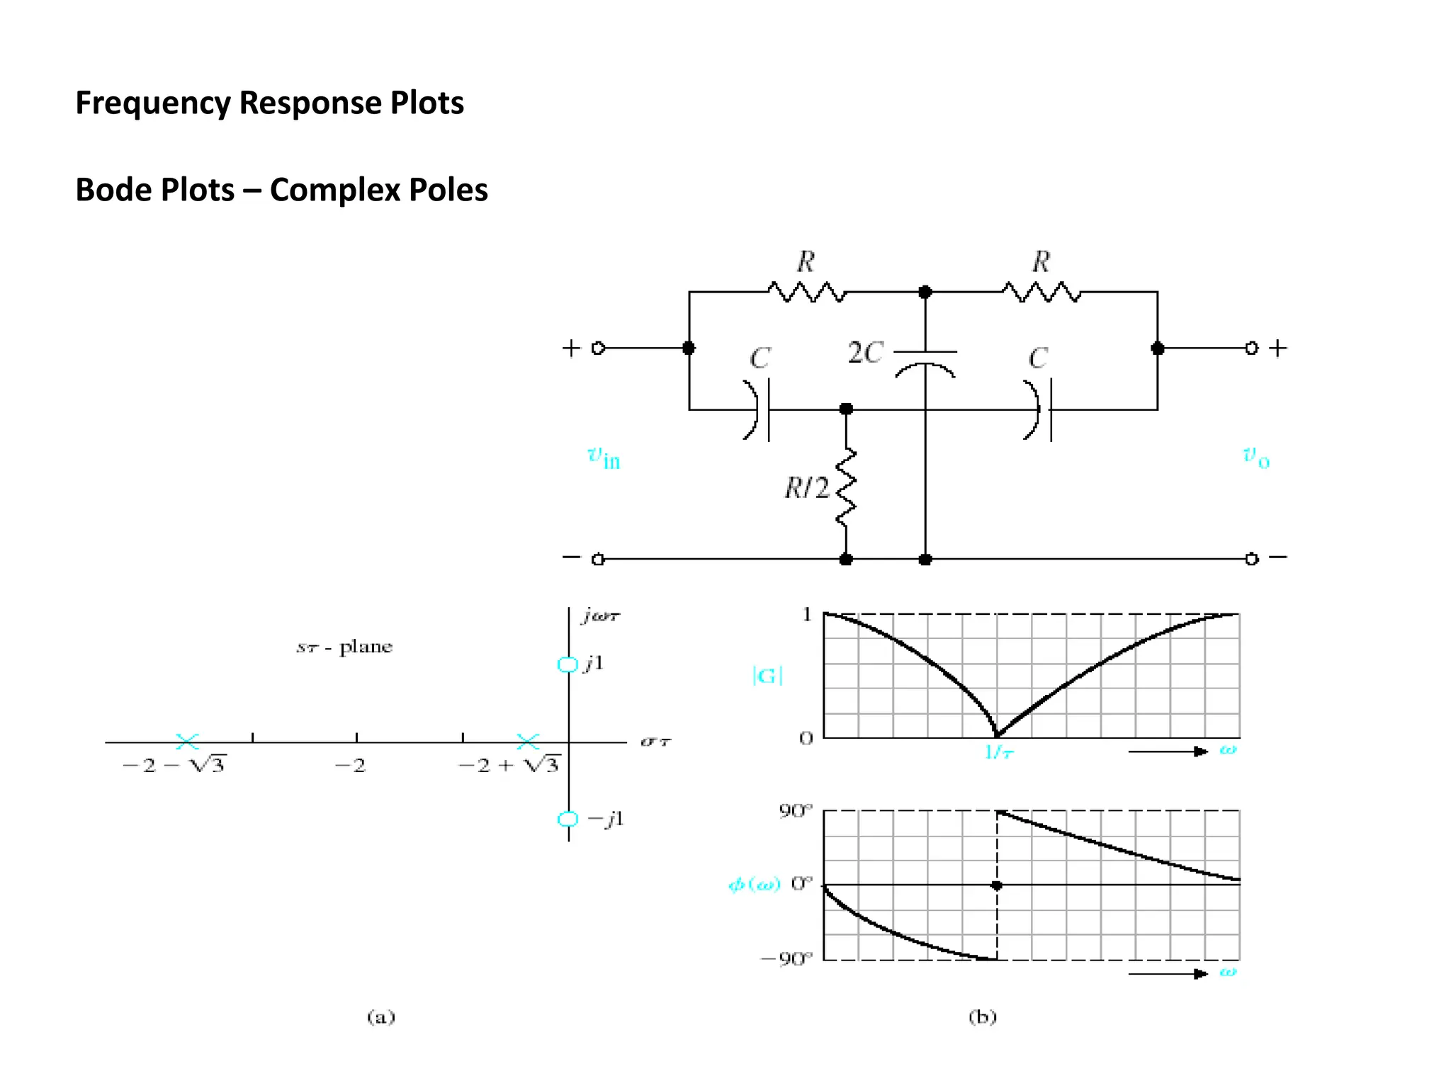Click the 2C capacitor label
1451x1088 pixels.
pyautogui.click(x=865, y=352)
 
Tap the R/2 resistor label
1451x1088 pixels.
pyautogui.click(x=806, y=488)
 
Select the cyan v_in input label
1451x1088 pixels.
pyautogui.click(x=604, y=457)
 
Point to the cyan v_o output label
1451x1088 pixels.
pyautogui.click(x=1256, y=457)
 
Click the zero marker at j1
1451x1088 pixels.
pyautogui.click(x=568, y=664)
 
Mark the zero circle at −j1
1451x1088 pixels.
pyautogui.click(x=568, y=819)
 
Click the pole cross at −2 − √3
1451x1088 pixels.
pyautogui.click(x=187, y=742)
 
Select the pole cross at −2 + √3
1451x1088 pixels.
pyautogui.click(x=528, y=742)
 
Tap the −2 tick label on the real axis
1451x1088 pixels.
pyautogui.click(x=350, y=766)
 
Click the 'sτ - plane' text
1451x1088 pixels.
pyautogui.click(x=344, y=647)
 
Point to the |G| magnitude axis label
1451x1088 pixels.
pyautogui.click(x=767, y=675)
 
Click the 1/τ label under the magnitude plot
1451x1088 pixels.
pyautogui.click(x=999, y=752)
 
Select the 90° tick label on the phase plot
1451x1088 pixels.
pyautogui.click(x=796, y=811)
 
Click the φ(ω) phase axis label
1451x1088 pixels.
pyautogui.click(x=754, y=884)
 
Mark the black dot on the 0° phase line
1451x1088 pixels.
pyautogui.click(x=997, y=885)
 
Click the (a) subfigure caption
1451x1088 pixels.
pyautogui.click(x=381, y=1017)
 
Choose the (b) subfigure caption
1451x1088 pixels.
pyautogui.click(x=982, y=1017)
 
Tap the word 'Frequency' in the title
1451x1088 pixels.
pyautogui.click(x=153, y=103)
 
